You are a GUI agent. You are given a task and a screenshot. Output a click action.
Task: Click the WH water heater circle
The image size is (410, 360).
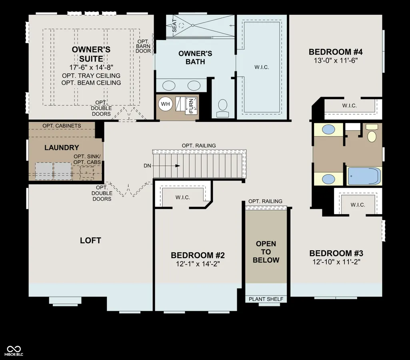click(165, 104)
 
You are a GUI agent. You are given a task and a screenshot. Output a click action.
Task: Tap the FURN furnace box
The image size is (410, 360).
click(191, 105)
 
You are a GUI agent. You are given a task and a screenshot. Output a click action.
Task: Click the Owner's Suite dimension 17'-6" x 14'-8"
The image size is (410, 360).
click(91, 68)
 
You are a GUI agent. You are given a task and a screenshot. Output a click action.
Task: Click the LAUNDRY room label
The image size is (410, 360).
click(62, 147)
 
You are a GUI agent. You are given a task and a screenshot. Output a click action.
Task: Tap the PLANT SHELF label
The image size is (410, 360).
click(266, 299)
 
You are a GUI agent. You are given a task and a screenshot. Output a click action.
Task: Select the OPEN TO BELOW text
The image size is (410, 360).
click(266, 252)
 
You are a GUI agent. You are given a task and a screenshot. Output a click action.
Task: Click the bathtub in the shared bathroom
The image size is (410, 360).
click(364, 176)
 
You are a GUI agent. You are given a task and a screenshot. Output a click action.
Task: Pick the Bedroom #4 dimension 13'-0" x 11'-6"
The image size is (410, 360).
click(336, 61)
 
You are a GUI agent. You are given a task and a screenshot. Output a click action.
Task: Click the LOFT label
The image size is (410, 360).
click(90, 241)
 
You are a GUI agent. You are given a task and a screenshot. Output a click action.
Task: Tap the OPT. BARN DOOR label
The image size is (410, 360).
click(143, 46)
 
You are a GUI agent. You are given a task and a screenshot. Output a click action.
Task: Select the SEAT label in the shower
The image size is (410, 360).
click(174, 26)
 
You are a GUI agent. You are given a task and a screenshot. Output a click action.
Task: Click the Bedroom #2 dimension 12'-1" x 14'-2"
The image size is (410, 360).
click(198, 264)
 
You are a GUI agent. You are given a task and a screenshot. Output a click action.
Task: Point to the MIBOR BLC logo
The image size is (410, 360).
click(14, 350)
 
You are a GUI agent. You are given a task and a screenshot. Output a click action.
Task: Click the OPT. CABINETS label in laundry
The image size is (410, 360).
click(62, 125)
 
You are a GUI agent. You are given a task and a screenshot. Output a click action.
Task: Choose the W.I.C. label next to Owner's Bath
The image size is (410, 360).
click(262, 67)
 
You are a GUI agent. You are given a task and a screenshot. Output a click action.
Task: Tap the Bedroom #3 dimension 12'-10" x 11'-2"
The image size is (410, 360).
click(336, 262)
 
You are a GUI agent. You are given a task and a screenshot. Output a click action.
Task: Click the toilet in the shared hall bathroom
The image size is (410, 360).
click(372, 133)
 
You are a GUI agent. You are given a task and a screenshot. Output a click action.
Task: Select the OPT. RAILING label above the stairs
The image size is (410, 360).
click(199, 145)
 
